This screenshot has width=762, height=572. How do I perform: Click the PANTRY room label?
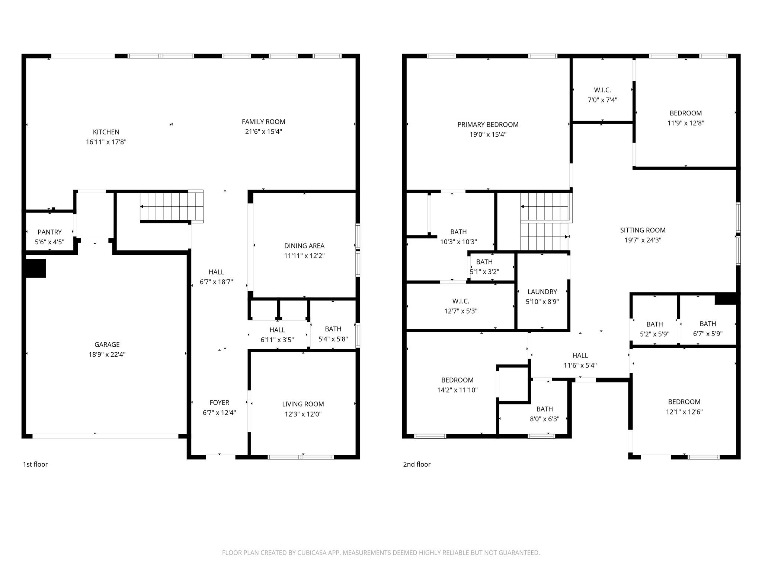(x=49, y=232)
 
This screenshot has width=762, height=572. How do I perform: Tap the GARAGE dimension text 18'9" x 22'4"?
(x=107, y=355)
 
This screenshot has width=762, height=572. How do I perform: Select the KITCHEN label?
(x=106, y=132)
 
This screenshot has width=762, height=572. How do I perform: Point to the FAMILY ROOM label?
(x=263, y=122)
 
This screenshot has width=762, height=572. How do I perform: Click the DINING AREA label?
(x=304, y=246)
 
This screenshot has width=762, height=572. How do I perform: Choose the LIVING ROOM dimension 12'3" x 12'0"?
(x=303, y=414)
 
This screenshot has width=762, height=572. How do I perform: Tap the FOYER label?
(x=219, y=403)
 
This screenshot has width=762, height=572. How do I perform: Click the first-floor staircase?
(x=171, y=207)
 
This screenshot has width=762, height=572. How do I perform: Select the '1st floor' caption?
(x=35, y=464)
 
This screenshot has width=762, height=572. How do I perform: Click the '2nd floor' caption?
(x=417, y=464)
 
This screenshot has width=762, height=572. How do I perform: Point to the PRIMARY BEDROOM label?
(x=488, y=125)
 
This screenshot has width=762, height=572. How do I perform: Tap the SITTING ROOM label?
(x=643, y=230)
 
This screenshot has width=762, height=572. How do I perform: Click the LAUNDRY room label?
(x=542, y=292)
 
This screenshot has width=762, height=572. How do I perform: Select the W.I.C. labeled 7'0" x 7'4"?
(x=602, y=95)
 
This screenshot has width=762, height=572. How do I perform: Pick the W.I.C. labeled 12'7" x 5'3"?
(x=461, y=306)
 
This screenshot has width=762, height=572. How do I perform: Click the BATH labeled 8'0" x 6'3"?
(x=544, y=414)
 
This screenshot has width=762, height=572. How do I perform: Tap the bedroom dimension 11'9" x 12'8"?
(x=685, y=123)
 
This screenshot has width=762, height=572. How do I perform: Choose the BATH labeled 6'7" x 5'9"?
(x=707, y=329)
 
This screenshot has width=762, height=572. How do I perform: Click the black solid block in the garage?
(x=35, y=268)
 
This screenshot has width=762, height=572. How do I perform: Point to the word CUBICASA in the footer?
(x=312, y=553)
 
